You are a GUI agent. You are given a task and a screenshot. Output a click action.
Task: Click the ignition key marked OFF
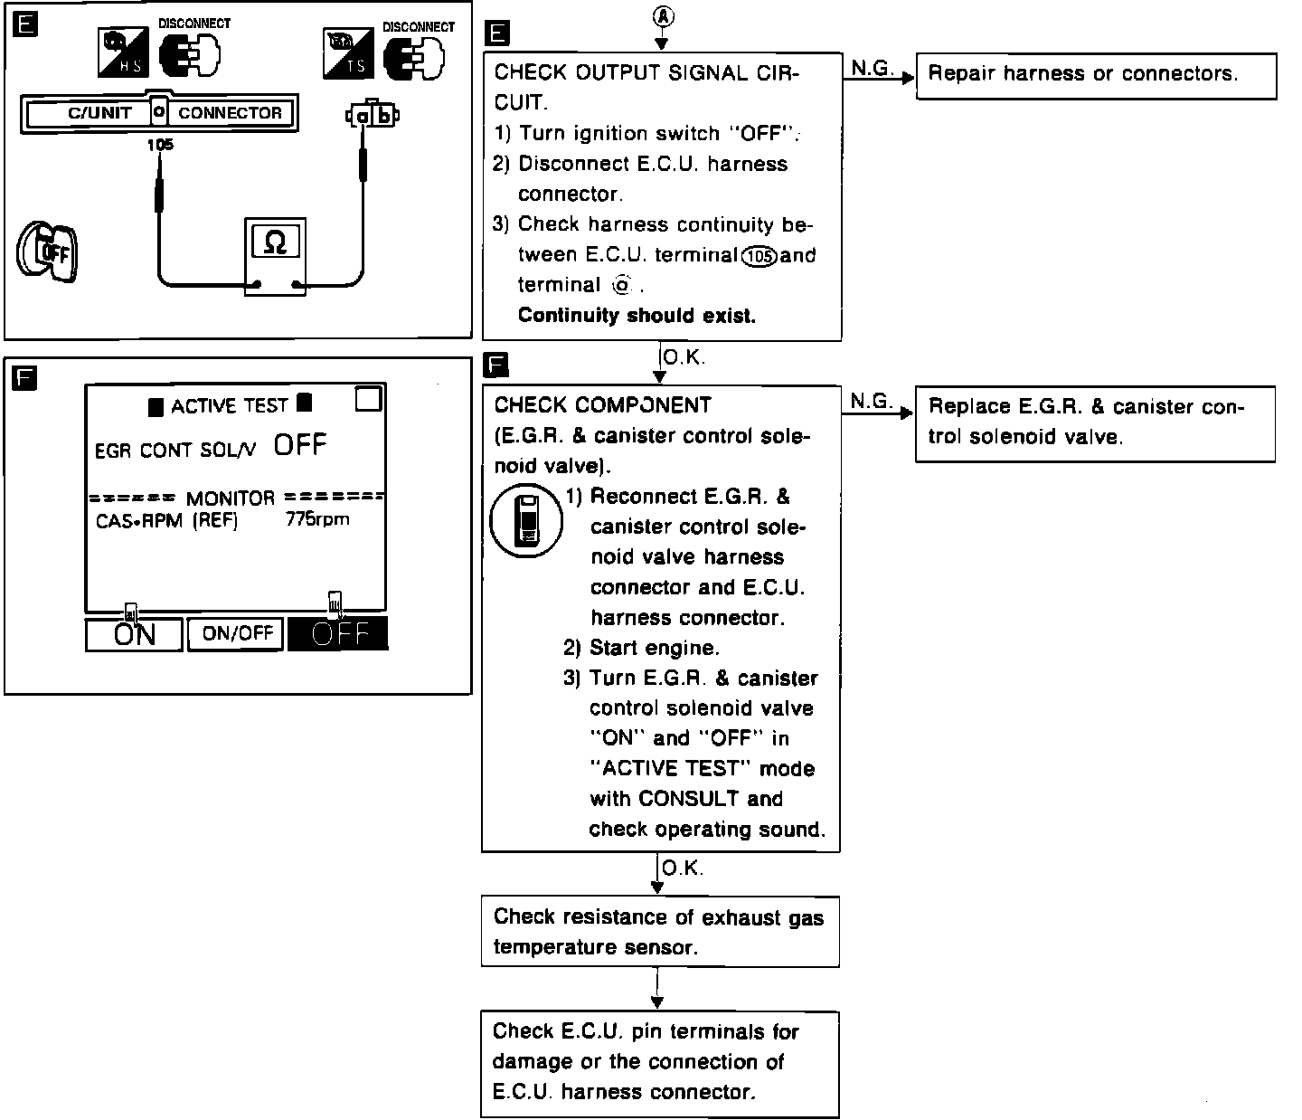47,251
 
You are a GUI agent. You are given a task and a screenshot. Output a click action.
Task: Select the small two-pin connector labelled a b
372,115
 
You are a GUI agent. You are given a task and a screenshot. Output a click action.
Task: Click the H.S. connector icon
123,52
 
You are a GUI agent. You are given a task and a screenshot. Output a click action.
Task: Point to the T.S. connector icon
348,52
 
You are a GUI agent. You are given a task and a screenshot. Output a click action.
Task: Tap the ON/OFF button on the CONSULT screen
237,633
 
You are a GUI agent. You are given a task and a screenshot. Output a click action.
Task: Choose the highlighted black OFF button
338,633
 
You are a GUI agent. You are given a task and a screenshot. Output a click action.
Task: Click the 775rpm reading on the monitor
317,519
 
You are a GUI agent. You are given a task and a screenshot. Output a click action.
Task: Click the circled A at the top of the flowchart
662,16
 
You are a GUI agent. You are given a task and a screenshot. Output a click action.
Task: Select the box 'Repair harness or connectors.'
1096,75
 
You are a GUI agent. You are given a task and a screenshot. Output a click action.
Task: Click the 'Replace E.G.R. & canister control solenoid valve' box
1095,423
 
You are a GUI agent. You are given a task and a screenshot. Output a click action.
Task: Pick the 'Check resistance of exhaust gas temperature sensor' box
660,932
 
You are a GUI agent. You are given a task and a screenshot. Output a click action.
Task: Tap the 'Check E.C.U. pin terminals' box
660,1062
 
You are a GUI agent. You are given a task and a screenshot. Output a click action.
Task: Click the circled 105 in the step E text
758,256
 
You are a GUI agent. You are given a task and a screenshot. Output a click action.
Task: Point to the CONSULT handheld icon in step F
525,520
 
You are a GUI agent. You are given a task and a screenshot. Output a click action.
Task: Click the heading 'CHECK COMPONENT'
603,405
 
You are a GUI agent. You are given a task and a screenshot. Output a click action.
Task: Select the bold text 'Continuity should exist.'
637,316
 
